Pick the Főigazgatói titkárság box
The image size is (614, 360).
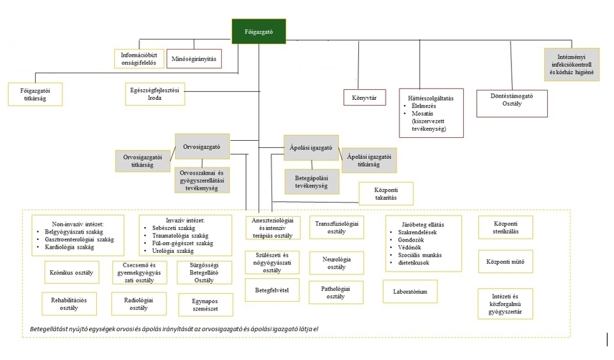pos(34,95)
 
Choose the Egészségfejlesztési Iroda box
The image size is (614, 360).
pos(155,93)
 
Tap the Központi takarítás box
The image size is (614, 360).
pos(387,193)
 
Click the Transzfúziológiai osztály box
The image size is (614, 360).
pos(337,227)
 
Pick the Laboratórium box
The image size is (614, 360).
pos(410,292)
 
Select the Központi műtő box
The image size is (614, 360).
pos(506,261)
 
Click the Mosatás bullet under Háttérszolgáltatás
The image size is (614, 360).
pos(421,114)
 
